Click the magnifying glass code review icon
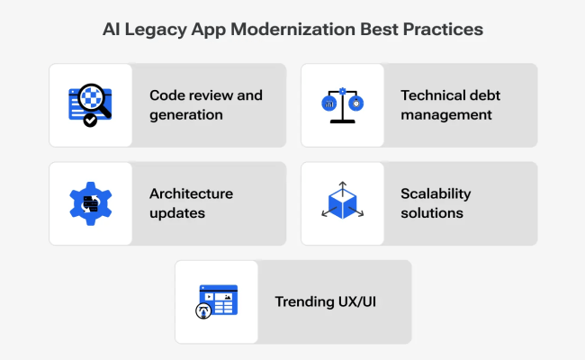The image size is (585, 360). pyautogui.click(x=90, y=105)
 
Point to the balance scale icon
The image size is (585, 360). pyautogui.click(x=342, y=104)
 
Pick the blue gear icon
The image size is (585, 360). pyautogui.click(x=90, y=203)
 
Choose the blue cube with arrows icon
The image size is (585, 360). pyautogui.click(x=342, y=202)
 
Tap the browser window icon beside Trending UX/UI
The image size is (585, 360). pyautogui.click(x=216, y=301)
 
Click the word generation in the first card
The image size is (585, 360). pyautogui.click(x=186, y=114)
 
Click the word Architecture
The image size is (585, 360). pyautogui.click(x=191, y=194)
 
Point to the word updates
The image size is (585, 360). pyautogui.click(x=176, y=213)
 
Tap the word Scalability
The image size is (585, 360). pyautogui.click(x=436, y=194)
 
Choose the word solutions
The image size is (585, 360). pyautogui.click(x=432, y=213)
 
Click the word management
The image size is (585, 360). pyautogui.click(x=446, y=114)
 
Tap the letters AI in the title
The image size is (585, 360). pyautogui.click(x=112, y=29)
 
